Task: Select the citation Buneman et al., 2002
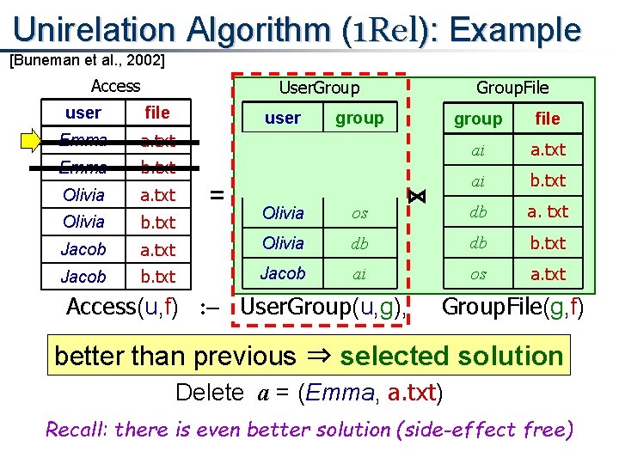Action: [86, 61]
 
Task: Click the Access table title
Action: [115, 85]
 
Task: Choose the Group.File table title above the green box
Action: [512, 87]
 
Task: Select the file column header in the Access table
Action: [157, 113]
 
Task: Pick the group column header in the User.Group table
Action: [359, 118]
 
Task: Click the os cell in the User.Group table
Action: [359, 212]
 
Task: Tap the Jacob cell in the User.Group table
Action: [283, 273]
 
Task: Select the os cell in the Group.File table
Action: [478, 274]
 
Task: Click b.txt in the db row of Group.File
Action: [548, 243]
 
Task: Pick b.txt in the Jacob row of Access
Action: [157, 277]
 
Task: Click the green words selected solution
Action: [450, 356]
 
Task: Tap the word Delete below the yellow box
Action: [210, 393]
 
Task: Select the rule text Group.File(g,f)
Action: [512, 307]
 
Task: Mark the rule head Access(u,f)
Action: [122, 307]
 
